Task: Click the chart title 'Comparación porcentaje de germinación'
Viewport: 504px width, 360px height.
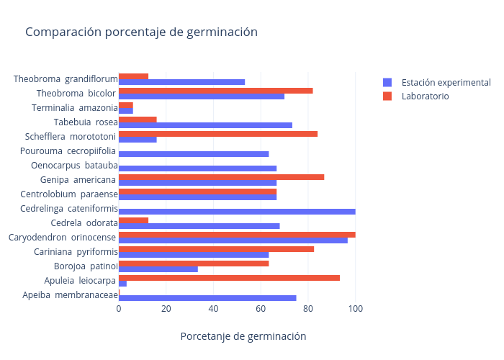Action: [x=141, y=32]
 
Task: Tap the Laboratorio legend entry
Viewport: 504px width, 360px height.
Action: [x=425, y=96]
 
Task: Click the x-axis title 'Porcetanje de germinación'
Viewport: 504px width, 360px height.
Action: [x=243, y=336]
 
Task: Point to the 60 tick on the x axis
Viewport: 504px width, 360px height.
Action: [x=261, y=309]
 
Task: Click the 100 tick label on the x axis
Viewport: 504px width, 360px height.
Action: [x=355, y=309]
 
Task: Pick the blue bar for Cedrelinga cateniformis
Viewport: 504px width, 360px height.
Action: [x=237, y=212]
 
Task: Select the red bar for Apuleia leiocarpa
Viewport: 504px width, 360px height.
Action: [x=229, y=278]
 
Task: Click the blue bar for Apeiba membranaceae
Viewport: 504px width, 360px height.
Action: [x=207, y=298]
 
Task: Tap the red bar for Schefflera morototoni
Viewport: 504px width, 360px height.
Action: [x=218, y=134]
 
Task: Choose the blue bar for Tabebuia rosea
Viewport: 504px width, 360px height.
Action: [x=205, y=125]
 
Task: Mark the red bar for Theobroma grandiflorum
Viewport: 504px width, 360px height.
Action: [x=133, y=76]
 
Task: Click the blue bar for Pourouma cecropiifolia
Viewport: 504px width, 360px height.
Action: [x=194, y=154]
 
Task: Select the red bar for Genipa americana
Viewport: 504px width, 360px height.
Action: [x=221, y=177]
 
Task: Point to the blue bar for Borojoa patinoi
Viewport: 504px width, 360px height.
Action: [x=158, y=269]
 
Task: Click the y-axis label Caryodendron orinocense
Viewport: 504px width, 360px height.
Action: [x=63, y=238]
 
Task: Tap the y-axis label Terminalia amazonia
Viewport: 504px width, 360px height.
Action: [x=75, y=108]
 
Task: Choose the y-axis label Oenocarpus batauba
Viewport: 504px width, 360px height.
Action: [x=74, y=166]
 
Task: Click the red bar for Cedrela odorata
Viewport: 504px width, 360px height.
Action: [x=133, y=220]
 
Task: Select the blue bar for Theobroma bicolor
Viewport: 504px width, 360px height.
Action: [x=202, y=96]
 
